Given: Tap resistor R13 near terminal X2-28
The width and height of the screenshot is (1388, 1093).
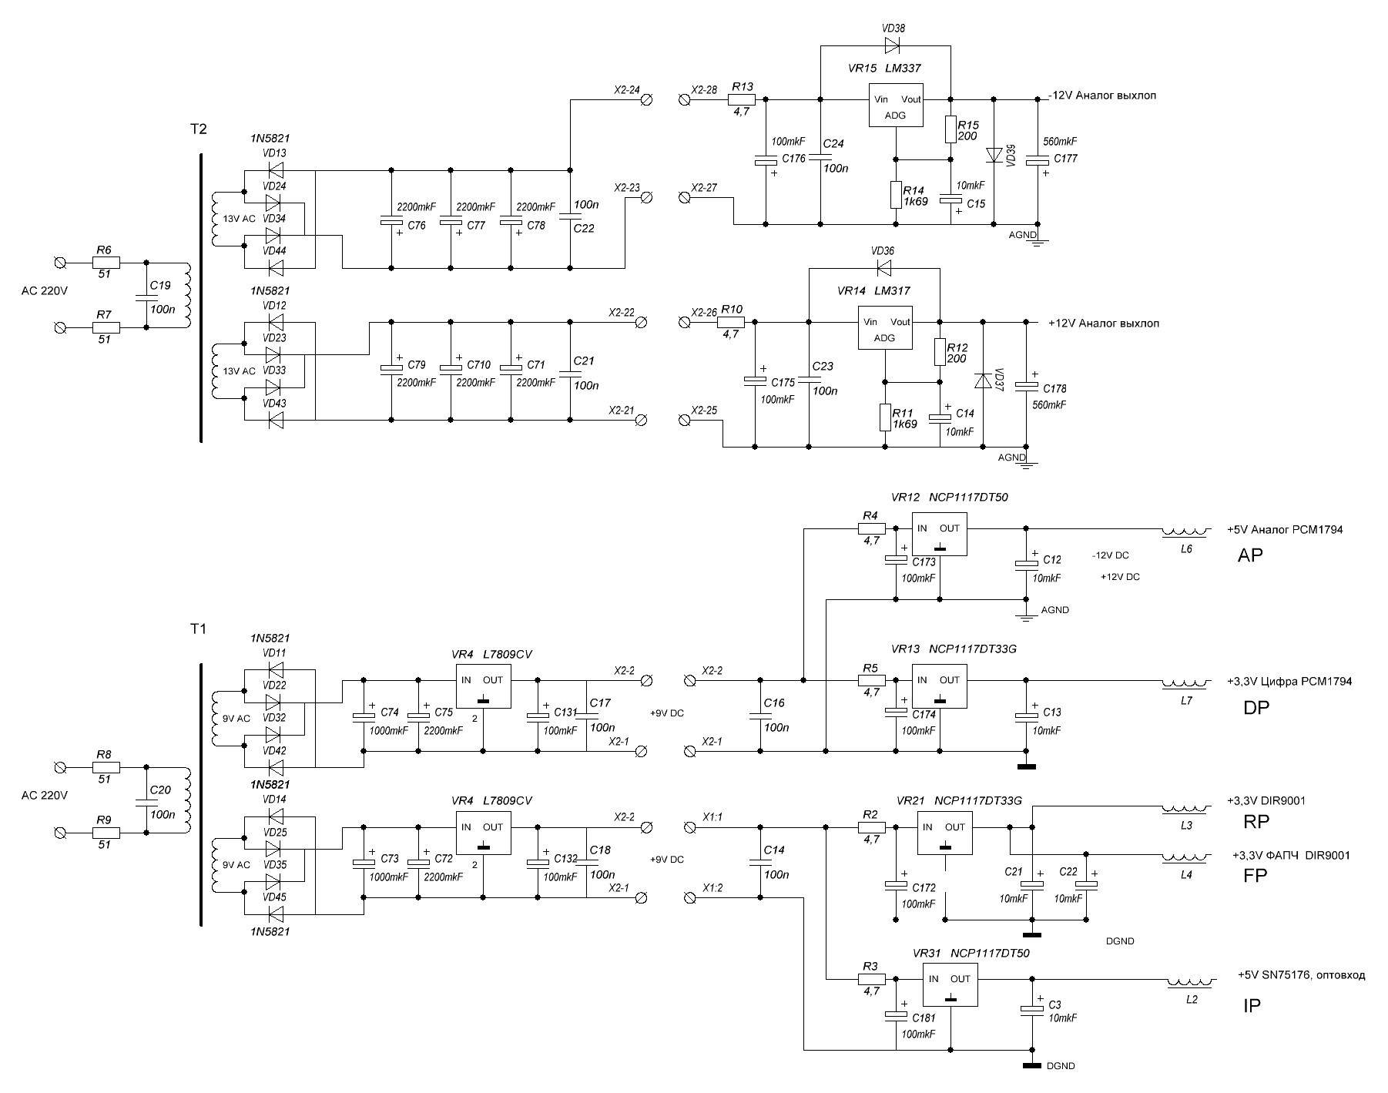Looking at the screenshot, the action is (742, 99).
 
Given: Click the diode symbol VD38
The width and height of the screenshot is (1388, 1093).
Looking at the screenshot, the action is (893, 44).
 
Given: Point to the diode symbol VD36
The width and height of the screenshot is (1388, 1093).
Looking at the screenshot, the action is (883, 268).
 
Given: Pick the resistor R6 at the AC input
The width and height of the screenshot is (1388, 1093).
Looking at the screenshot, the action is (106, 263).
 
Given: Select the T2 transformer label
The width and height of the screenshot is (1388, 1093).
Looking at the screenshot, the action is (199, 129).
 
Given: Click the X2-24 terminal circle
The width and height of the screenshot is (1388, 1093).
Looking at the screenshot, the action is (647, 99).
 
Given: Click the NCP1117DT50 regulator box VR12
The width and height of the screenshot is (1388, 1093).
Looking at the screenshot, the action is (940, 535).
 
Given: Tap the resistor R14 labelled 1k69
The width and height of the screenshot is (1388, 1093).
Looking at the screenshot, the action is (896, 195).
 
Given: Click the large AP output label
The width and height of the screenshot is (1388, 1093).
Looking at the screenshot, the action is (1249, 555).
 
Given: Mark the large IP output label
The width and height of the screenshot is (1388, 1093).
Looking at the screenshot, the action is (1252, 1006).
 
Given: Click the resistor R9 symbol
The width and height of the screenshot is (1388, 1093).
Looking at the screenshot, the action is (106, 833).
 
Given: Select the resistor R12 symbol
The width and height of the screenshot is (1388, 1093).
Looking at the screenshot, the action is (940, 351).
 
